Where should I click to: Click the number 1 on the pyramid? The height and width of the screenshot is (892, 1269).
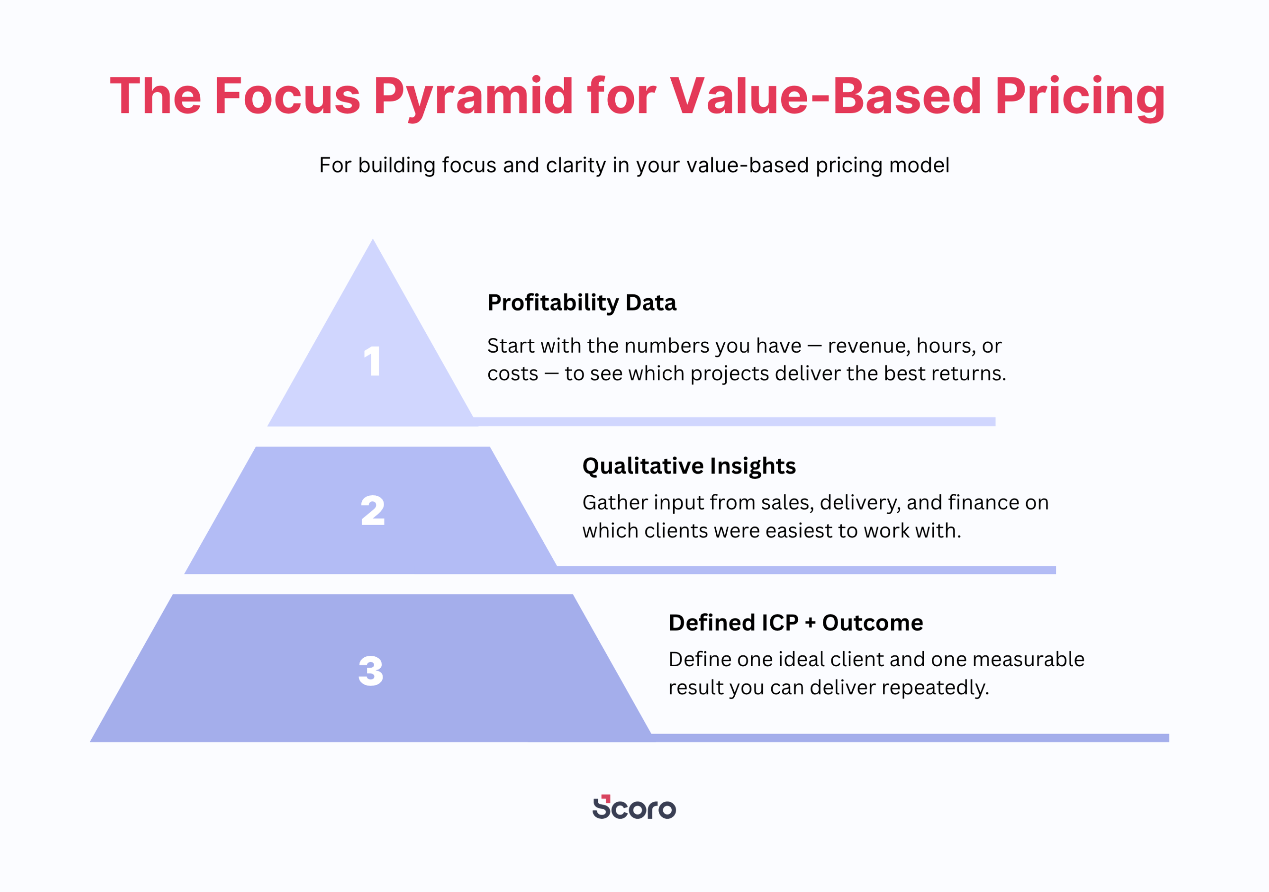(x=372, y=361)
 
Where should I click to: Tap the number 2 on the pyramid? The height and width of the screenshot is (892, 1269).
(x=372, y=510)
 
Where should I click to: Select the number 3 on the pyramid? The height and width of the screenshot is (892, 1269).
(x=371, y=671)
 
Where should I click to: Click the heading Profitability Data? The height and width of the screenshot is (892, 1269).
(x=581, y=303)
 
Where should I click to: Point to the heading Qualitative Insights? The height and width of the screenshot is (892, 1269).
(x=689, y=466)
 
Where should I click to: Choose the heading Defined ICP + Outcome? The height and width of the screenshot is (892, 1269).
(x=795, y=623)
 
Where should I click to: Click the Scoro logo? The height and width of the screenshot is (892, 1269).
(x=634, y=807)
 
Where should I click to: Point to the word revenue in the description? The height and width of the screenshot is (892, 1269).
(x=869, y=346)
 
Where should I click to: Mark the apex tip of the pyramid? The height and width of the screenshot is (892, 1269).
(x=372, y=239)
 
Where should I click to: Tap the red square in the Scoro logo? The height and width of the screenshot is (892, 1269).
(x=606, y=798)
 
